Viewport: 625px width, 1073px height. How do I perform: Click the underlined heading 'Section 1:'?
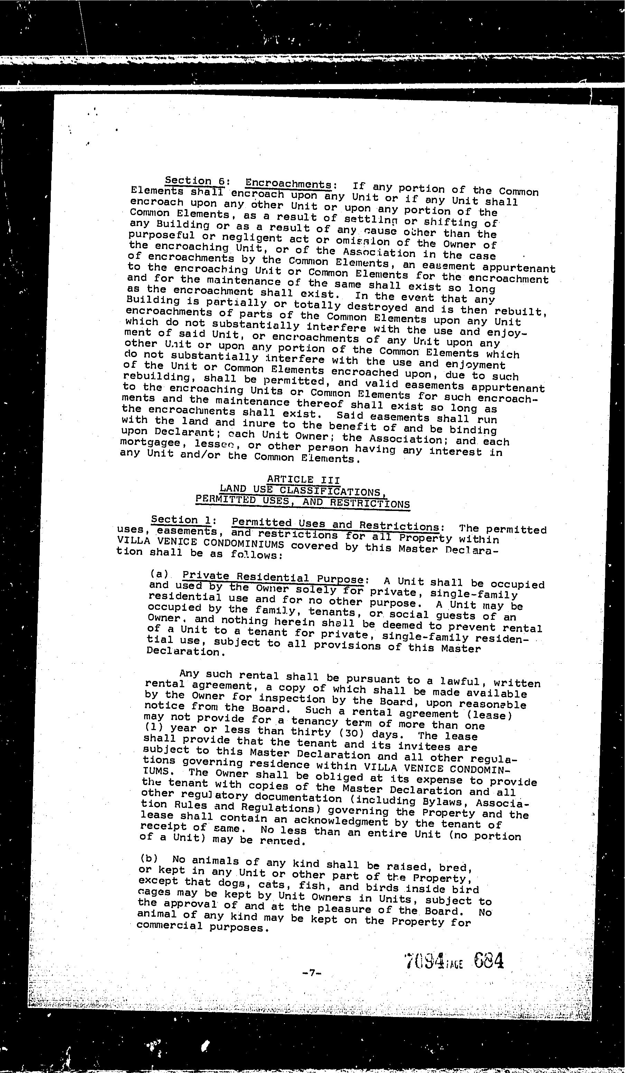click(x=184, y=520)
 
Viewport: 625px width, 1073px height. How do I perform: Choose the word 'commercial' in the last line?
click(x=169, y=925)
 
